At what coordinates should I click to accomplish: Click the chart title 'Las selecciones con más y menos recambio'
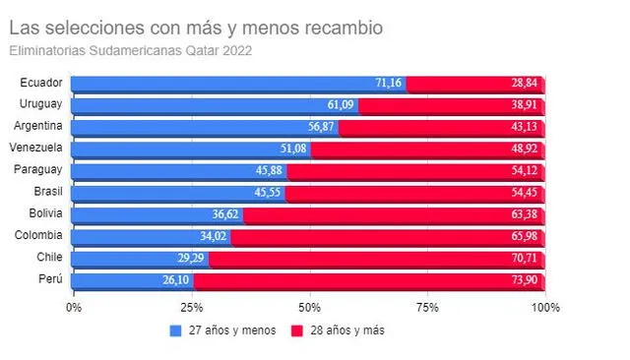[x=195, y=28]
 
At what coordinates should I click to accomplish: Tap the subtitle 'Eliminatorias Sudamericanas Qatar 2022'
[x=130, y=50]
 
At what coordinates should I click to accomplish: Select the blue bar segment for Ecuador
[x=236, y=83]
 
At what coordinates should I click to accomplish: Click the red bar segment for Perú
[x=369, y=279]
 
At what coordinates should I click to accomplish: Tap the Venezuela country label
[x=37, y=148]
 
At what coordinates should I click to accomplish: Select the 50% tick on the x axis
[x=309, y=307]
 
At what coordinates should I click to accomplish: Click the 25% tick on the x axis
[x=191, y=307]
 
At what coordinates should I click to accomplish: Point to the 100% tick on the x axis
[x=544, y=307]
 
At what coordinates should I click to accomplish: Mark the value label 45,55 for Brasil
[x=269, y=192]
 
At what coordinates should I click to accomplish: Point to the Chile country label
[x=48, y=257]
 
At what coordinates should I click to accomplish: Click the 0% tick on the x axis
[x=74, y=307]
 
